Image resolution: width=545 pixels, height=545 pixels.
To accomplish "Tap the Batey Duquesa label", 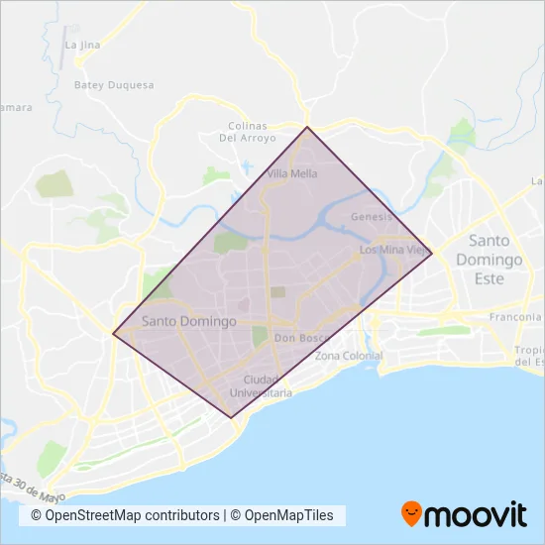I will (114, 85).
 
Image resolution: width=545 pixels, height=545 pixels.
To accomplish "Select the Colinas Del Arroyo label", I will (243, 132).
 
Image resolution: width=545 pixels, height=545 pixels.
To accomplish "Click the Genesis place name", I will (373, 216).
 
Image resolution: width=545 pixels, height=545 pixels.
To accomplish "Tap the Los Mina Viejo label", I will (394, 250).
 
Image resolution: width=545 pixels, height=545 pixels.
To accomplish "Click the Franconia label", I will (514, 317).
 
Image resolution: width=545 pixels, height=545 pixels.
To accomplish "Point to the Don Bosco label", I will (300, 338).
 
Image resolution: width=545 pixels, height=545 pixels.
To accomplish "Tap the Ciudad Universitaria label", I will (261, 386).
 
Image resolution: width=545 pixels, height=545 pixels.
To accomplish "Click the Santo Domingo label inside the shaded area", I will (189, 321).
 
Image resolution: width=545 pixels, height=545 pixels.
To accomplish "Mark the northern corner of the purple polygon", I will (307, 127).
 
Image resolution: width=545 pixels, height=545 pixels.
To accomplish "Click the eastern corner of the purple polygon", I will (432, 252).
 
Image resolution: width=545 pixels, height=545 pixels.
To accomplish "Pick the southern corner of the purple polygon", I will (232, 417).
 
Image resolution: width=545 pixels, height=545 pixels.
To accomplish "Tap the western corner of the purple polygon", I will (113, 334).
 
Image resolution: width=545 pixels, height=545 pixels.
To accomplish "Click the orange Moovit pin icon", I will (412, 513).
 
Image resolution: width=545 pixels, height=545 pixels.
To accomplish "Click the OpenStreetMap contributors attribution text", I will (126, 515).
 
